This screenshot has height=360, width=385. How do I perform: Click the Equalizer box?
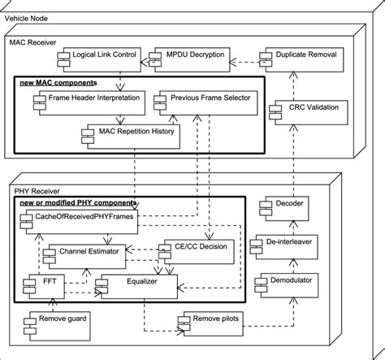[x=135, y=285]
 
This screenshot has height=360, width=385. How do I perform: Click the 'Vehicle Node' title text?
[x=27, y=7]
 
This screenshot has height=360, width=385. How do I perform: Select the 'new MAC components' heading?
[x=58, y=83]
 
